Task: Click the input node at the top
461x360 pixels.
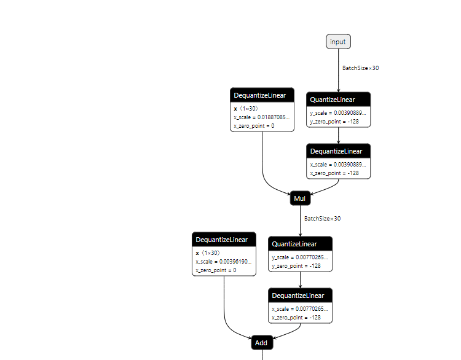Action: point(338,42)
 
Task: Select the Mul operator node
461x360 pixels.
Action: point(300,199)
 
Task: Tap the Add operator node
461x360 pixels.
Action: point(261,343)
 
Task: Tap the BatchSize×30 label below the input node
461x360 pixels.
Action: point(360,68)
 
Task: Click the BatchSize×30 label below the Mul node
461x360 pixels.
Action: point(322,219)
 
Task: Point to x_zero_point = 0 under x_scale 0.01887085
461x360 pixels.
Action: point(253,125)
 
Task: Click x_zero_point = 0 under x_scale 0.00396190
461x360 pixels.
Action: point(215,270)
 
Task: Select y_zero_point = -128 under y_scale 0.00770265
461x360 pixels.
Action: point(296,266)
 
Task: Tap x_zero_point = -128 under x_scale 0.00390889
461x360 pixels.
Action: point(334,173)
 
